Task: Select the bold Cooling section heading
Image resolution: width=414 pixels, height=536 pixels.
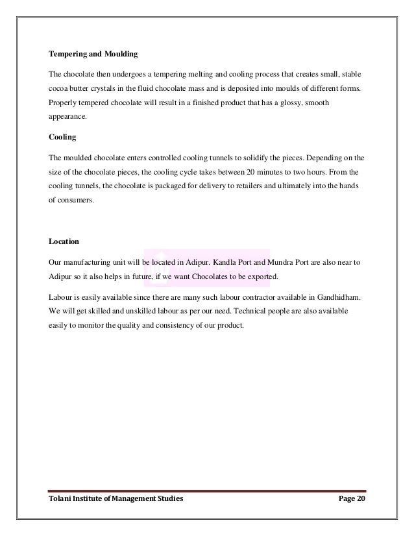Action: tap(63, 137)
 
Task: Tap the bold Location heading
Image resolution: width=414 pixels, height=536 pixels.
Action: tap(64, 241)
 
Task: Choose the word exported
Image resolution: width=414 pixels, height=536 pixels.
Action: tap(260, 277)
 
